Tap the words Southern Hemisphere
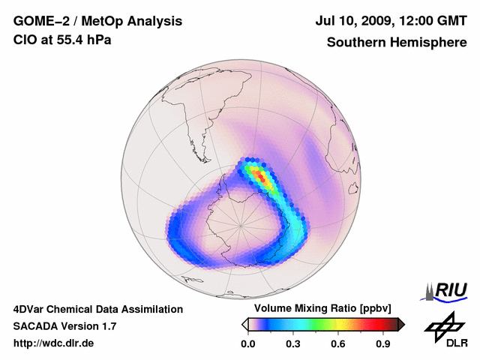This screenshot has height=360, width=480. [395, 42]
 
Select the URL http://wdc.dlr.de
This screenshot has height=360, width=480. [54, 343]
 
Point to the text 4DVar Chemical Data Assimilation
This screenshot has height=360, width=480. [97, 309]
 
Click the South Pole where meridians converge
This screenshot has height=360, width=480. [240, 223]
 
